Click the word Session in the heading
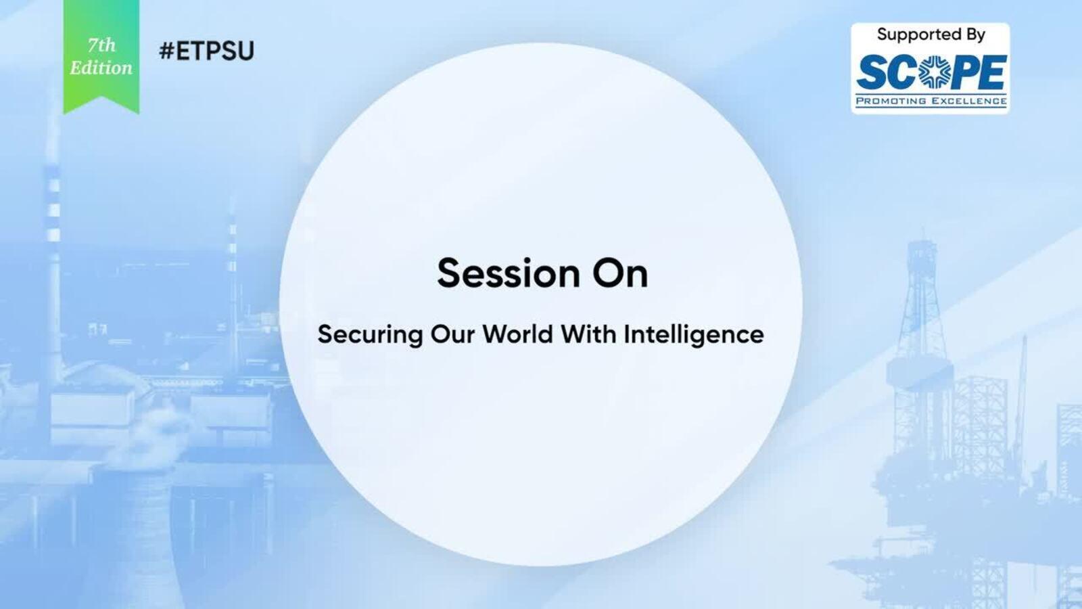coord(508,273)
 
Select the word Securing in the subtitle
coord(370,335)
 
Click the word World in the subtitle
coord(518,334)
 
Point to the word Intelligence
coord(694,335)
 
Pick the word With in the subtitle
coord(589,334)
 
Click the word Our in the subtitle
coord(452,334)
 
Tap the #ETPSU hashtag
coord(206,51)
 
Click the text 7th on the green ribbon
coord(101,45)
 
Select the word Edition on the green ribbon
coord(101,68)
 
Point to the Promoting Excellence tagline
coord(931,101)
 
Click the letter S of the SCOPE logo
coord(872,72)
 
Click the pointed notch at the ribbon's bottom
coord(101,97)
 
